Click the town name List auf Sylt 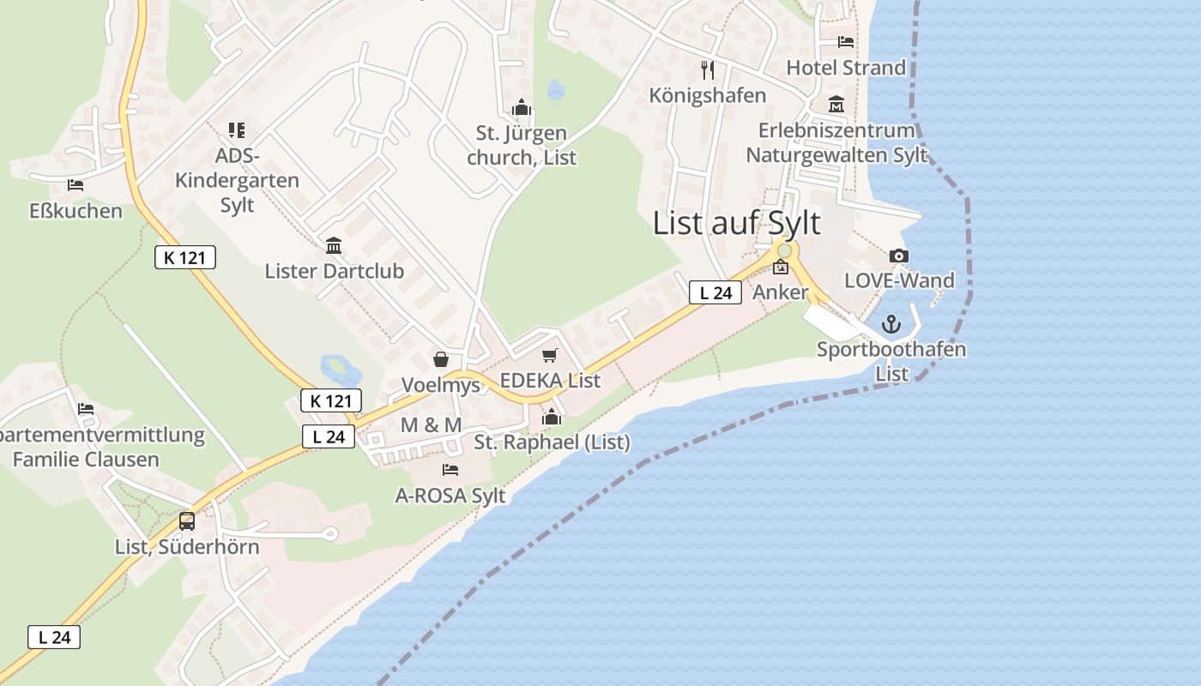coord(736,223)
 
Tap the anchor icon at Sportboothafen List coord(891,324)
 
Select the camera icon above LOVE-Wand coord(899,256)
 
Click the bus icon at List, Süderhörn coord(186,521)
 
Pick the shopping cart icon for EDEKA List coord(550,355)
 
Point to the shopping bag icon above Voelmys coord(441,359)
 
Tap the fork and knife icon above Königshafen coord(708,69)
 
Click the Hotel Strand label coord(846,68)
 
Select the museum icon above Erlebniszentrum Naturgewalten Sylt coord(836,105)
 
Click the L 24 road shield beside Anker coord(715,292)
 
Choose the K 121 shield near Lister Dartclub coord(185,256)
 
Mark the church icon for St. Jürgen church coord(522,108)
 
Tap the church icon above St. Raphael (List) coord(552,418)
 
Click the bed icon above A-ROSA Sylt coord(450,469)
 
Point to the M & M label coord(431,425)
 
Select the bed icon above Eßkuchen coord(75,184)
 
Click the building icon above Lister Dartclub coord(334,246)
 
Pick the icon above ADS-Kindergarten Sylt coord(237,130)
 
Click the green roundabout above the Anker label coord(783,250)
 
